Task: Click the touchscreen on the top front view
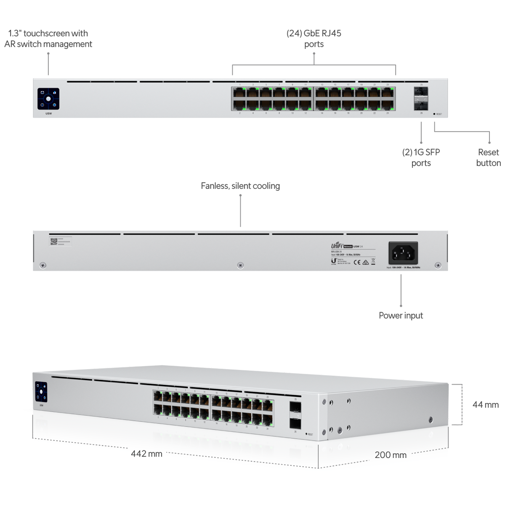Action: pyautogui.click(x=48, y=99)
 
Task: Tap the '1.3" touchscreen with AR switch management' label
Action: pyautogui.click(x=48, y=39)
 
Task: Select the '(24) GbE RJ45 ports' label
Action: pyautogui.click(x=314, y=39)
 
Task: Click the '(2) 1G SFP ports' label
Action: pyautogui.click(x=421, y=157)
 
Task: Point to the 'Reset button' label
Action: pyautogui.click(x=488, y=157)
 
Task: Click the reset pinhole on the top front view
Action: pyautogui.click(x=434, y=114)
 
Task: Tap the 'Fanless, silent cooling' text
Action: pyautogui.click(x=240, y=186)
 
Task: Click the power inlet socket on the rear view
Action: pyautogui.click(x=403, y=253)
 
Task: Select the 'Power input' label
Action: pyautogui.click(x=401, y=315)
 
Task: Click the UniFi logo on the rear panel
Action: pyautogui.click(x=337, y=246)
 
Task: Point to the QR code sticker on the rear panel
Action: pyautogui.click(x=53, y=242)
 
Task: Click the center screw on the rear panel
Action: pyautogui.click(x=240, y=265)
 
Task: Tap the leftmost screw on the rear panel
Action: pyautogui.click(x=43, y=265)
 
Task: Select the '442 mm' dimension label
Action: pyautogui.click(x=146, y=454)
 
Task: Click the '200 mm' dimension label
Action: pyautogui.click(x=391, y=455)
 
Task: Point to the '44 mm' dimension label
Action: pyautogui.click(x=485, y=405)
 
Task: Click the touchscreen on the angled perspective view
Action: pyautogui.click(x=41, y=392)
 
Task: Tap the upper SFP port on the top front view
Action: pyautogui.click(x=421, y=92)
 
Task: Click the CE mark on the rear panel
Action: pyautogui.click(x=356, y=262)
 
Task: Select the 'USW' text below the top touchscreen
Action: pyautogui.click(x=48, y=114)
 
